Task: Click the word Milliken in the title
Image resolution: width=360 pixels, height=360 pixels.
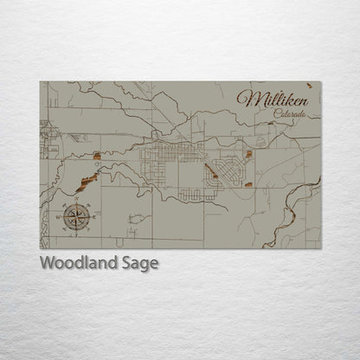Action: (x=272, y=99)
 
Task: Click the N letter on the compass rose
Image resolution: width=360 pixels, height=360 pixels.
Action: (x=75, y=201)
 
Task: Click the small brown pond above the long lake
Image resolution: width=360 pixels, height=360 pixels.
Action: (x=96, y=157)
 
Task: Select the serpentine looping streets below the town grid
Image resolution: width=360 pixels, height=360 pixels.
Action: (x=199, y=194)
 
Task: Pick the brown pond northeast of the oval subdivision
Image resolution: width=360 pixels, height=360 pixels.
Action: (x=248, y=155)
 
